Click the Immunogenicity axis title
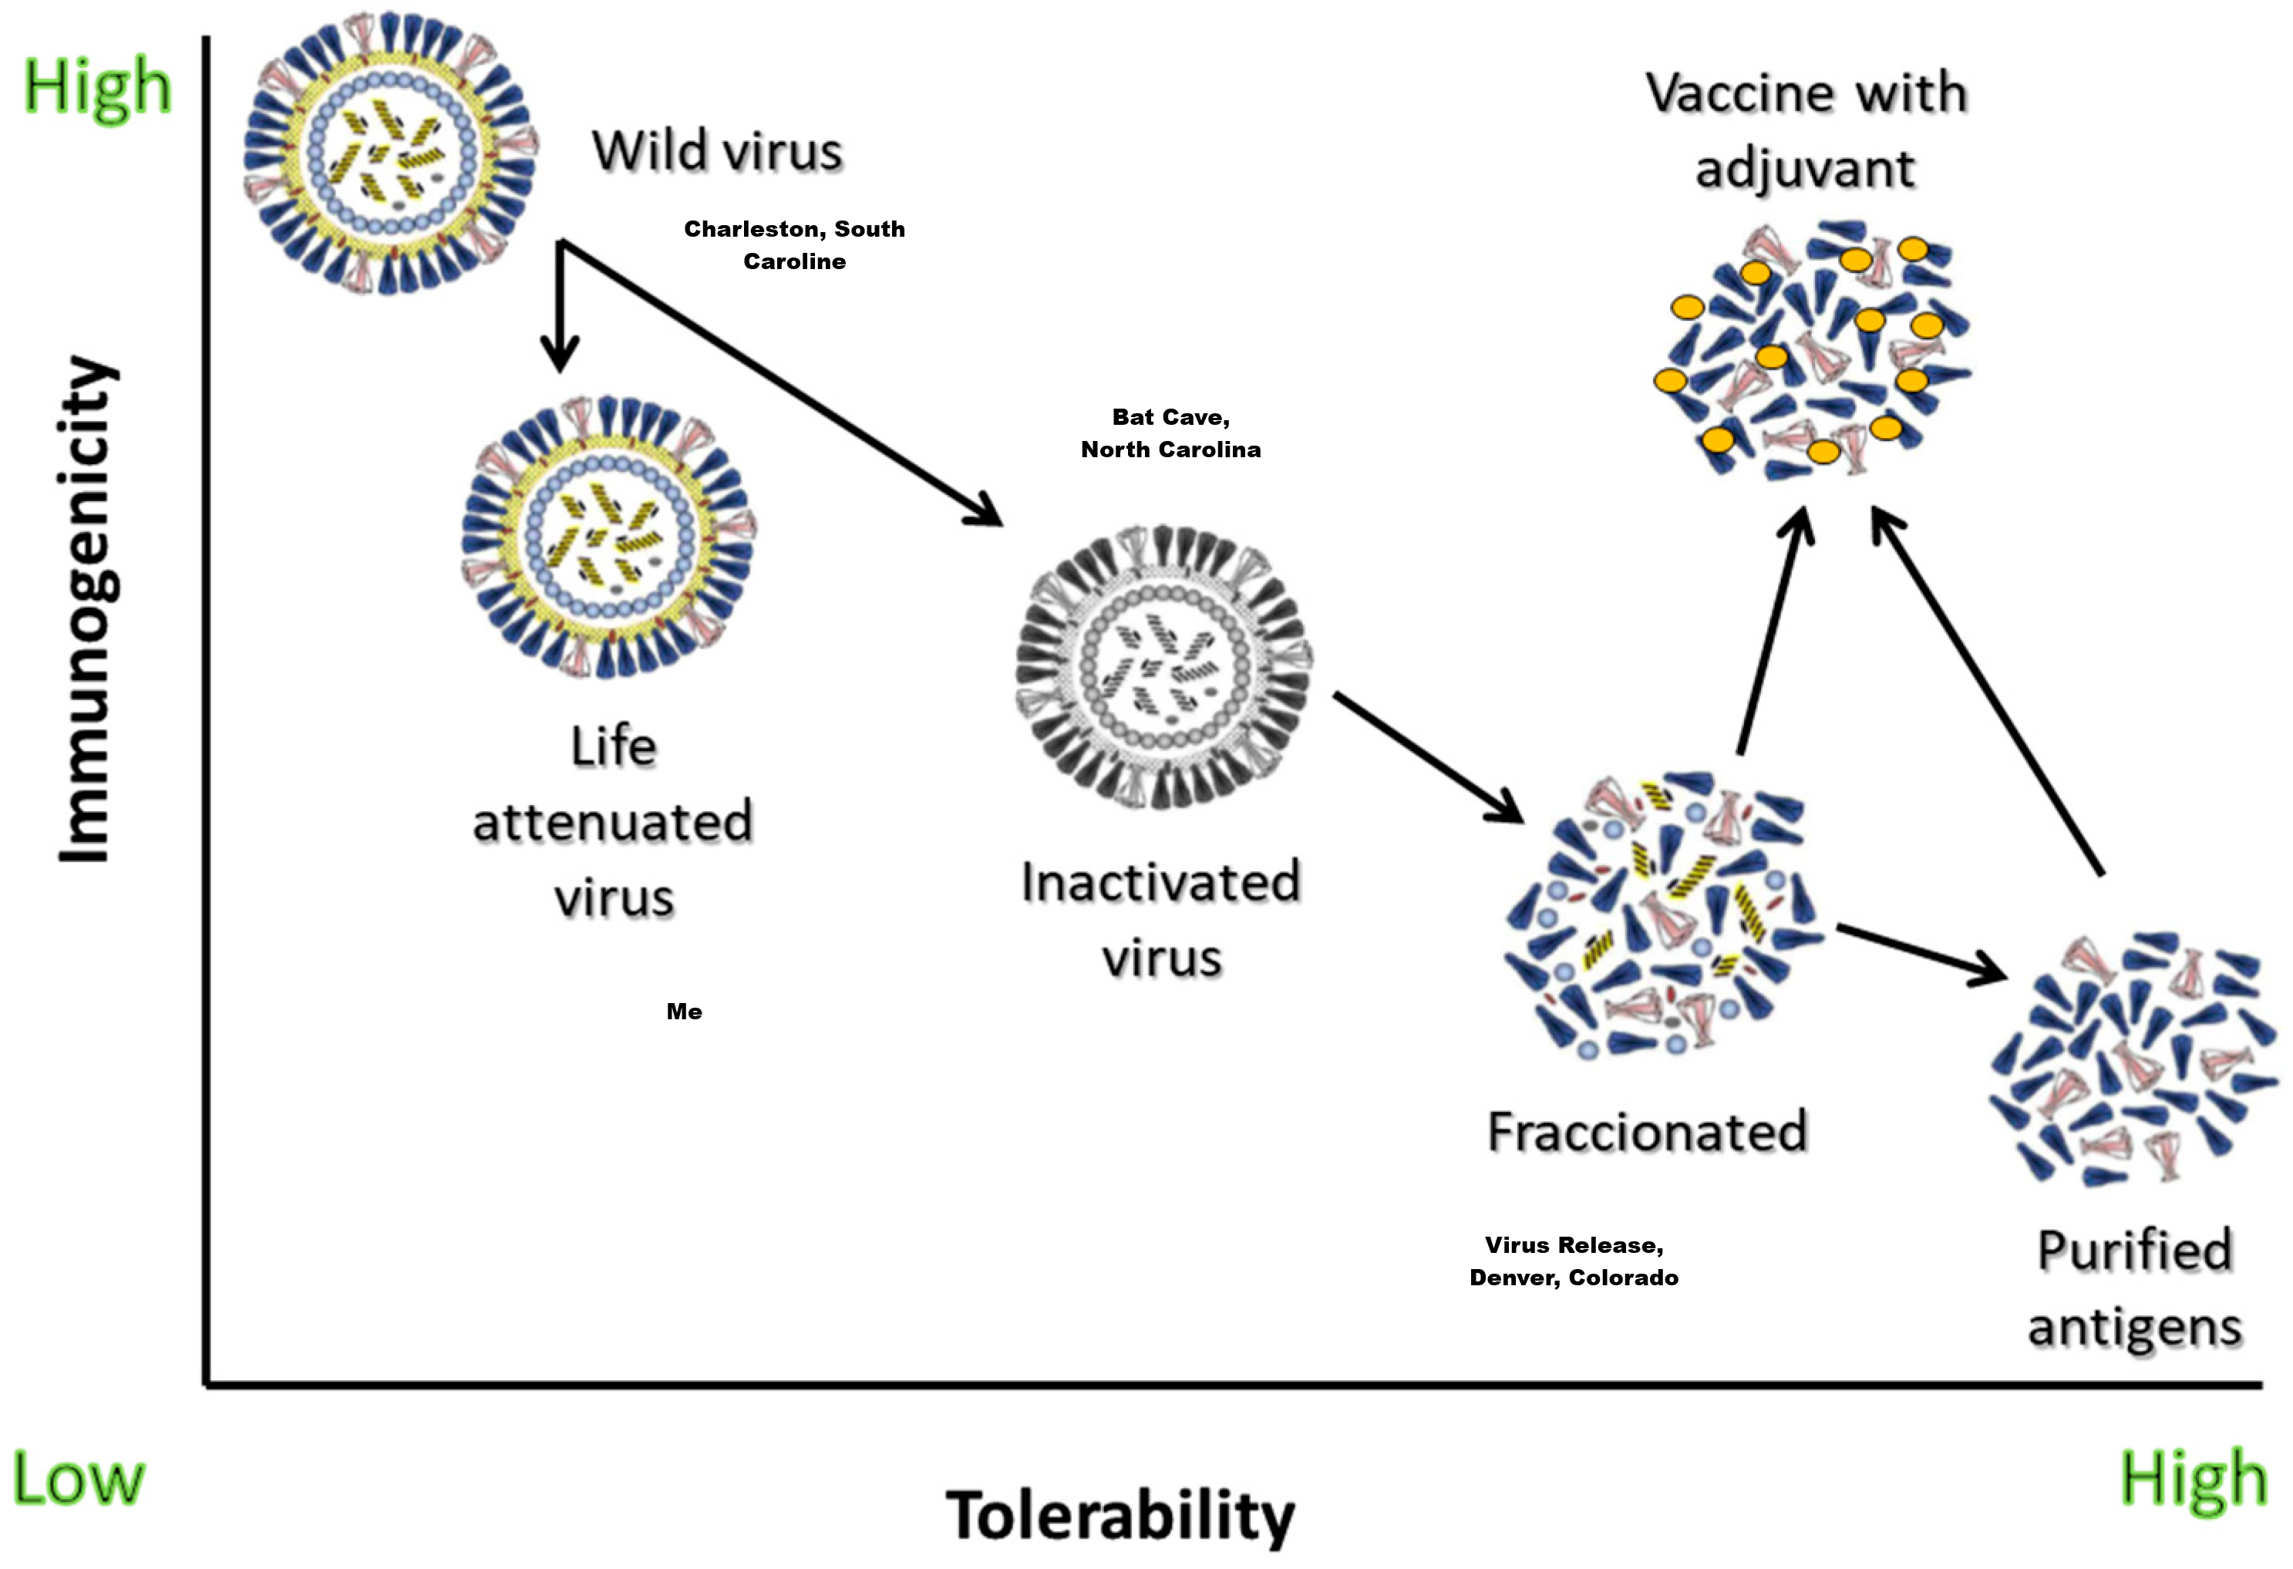click(x=87, y=609)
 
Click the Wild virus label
click(x=717, y=152)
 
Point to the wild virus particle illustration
click(x=391, y=153)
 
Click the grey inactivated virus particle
click(x=1164, y=668)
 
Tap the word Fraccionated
click(x=1647, y=1131)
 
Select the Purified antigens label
click(x=2135, y=1288)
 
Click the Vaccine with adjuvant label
click(x=1806, y=130)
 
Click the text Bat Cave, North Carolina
click(x=1170, y=433)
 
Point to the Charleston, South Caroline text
click(x=794, y=244)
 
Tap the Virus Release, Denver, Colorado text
click(x=1574, y=1261)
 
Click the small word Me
click(x=684, y=1012)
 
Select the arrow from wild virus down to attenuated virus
click(x=560, y=306)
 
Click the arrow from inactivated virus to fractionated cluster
click(x=1429, y=757)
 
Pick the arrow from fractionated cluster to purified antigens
click(x=1922, y=955)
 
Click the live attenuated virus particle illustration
click(x=610, y=538)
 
